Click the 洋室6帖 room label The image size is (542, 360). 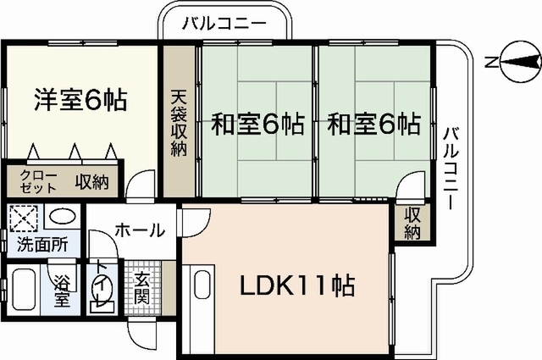coord(81,100)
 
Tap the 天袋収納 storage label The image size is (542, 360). coord(179,124)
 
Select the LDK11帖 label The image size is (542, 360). coord(297,286)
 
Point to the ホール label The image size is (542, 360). coord(140,230)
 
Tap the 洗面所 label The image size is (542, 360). coord(42,245)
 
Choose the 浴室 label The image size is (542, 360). coord(62,291)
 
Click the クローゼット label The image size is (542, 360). coord(38,181)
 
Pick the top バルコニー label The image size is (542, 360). coord(224,24)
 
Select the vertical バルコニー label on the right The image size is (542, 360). coord(451,169)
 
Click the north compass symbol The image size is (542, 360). coord(520,62)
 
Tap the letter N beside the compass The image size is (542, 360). coord(489,62)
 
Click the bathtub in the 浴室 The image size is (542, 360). coord(24,290)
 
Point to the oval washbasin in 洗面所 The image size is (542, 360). coord(62,217)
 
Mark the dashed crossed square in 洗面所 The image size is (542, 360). coord(23,219)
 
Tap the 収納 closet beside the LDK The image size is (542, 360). coord(412,223)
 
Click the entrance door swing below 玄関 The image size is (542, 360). coord(140,335)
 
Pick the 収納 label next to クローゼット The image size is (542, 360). coord(92,181)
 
